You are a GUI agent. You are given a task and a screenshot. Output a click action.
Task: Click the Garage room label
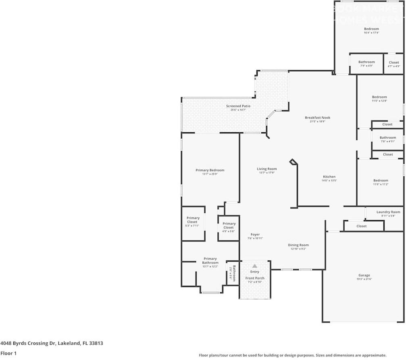(364, 275)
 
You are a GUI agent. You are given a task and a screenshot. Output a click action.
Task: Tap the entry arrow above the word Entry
(255, 266)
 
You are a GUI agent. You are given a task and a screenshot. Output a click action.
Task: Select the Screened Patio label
(238, 106)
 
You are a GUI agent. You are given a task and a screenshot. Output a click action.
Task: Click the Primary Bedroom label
(210, 170)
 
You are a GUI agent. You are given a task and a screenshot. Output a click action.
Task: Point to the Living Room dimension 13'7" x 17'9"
(267, 173)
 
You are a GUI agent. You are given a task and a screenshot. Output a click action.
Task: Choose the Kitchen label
(329, 177)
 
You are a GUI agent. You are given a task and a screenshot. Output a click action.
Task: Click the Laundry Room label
(388, 212)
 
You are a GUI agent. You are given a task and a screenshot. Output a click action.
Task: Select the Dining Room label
(298, 245)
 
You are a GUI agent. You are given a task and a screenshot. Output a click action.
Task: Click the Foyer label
(255, 235)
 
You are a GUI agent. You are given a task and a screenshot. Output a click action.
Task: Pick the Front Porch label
(255, 278)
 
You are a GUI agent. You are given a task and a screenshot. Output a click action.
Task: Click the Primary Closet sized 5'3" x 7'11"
(193, 220)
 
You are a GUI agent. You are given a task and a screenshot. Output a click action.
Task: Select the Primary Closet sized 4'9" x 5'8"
(229, 225)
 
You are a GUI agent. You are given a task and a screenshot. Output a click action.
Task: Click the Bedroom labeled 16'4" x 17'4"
(371, 29)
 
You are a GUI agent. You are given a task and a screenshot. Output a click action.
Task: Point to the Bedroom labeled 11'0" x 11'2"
(380, 181)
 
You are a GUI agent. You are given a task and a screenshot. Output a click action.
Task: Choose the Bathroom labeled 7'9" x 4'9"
(366, 62)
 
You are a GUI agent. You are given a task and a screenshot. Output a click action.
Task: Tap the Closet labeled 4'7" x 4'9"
(394, 62)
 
